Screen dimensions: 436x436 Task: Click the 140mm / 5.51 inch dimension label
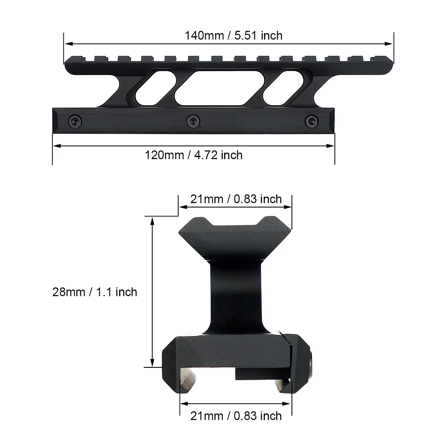pos(233,36)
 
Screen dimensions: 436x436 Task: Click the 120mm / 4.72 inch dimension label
pos(194,155)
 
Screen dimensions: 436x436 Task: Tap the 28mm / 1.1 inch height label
pos(94,292)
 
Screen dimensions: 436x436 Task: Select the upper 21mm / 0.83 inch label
pos(236,199)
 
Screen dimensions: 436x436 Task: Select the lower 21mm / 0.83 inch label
pos(236,415)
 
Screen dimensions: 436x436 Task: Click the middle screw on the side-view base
pos(193,120)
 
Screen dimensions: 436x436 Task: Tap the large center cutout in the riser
pos(210,89)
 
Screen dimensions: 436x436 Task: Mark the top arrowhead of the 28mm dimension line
pos(153,220)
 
